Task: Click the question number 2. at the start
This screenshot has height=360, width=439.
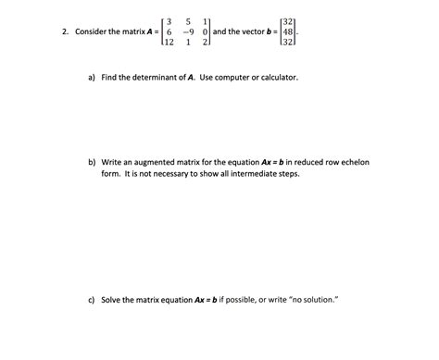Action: [x=66, y=31]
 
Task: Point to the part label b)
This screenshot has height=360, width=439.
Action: [x=93, y=162]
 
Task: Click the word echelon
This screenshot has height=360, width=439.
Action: [x=353, y=162]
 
